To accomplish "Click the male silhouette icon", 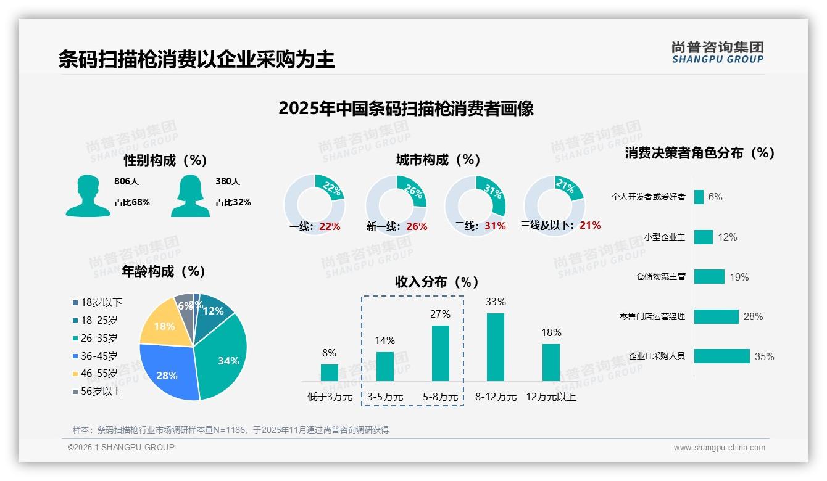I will pyautogui.click(x=88, y=195).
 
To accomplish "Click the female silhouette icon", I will pyautogui.click(x=190, y=195).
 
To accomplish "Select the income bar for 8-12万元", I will pyautogui.click(x=496, y=347).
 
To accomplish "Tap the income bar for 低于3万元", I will pyautogui.click(x=330, y=372).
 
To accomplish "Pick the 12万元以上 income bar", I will pyautogui.click(x=551, y=362).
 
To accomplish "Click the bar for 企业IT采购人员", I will pyautogui.click(x=722, y=356).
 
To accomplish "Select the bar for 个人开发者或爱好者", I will pyautogui.click(x=699, y=197).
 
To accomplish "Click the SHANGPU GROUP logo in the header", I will pyautogui.click(x=718, y=52).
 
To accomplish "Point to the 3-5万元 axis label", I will pyautogui.click(x=385, y=397).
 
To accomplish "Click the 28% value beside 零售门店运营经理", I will pyautogui.click(x=754, y=316).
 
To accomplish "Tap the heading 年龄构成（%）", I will pyautogui.click(x=164, y=271).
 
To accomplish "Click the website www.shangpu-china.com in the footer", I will pyautogui.click(x=719, y=448).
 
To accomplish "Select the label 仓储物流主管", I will pyautogui.click(x=660, y=276).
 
